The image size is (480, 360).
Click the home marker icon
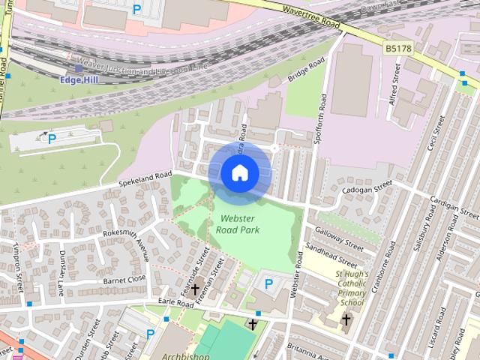(239, 173)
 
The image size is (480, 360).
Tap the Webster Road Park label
(239, 224)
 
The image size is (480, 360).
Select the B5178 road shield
(397, 48)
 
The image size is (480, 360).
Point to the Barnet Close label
(124, 280)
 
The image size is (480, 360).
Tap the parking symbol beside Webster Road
(269, 284)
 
